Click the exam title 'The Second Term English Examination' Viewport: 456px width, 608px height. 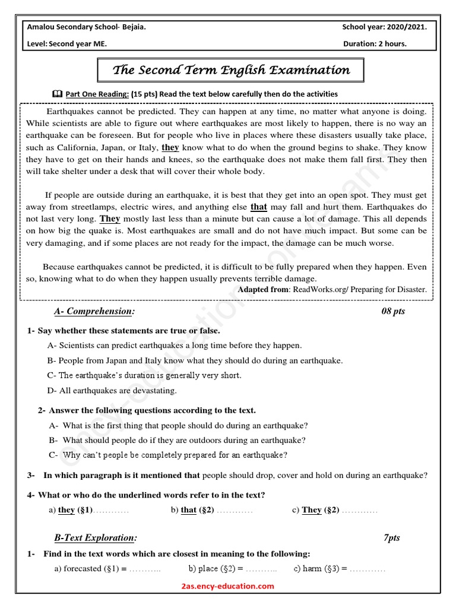point(231,71)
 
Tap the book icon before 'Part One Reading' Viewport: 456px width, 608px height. point(57,94)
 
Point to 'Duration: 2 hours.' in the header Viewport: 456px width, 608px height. point(375,44)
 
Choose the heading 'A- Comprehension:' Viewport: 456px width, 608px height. point(94,311)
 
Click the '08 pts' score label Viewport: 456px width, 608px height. point(393,311)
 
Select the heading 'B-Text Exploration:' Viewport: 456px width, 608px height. point(96,538)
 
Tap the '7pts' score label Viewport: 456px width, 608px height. point(392,538)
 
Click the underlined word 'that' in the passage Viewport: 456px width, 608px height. point(259,207)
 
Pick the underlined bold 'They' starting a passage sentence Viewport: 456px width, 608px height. point(110,219)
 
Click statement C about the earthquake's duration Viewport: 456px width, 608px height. point(144,375)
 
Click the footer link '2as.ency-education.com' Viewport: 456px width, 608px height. point(228,587)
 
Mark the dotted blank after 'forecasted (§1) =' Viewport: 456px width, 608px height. point(145,569)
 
